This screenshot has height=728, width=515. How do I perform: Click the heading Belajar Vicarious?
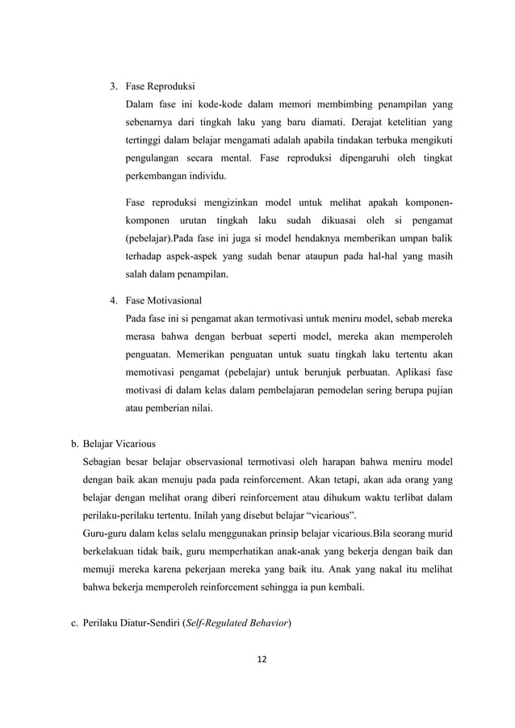(x=119, y=443)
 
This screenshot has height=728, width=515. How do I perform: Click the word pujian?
(x=436, y=391)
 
